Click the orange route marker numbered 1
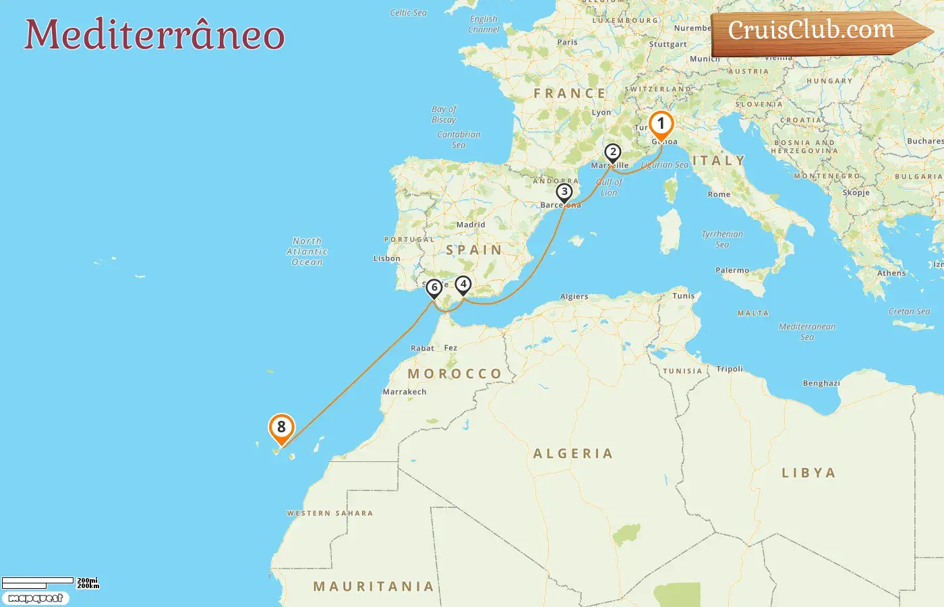pos(661,124)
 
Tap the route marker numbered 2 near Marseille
pos(612,152)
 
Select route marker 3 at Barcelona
pos(564,192)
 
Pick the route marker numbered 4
pos(463,285)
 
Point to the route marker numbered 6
pos(434,288)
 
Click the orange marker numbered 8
pos(281,427)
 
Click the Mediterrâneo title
pos(154,35)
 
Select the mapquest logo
pos(36,598)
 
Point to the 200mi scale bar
pos(38,581)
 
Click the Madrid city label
pos(471,225)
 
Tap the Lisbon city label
pos(387,258)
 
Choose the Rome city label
pos(719,194)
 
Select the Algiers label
pos(574,296)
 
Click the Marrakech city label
pos(405,392)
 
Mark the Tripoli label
pos(730,369)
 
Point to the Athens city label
pos(891,273)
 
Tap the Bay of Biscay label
pos(444,114)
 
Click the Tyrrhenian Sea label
pos(722,239)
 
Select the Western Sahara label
pos(330,513)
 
